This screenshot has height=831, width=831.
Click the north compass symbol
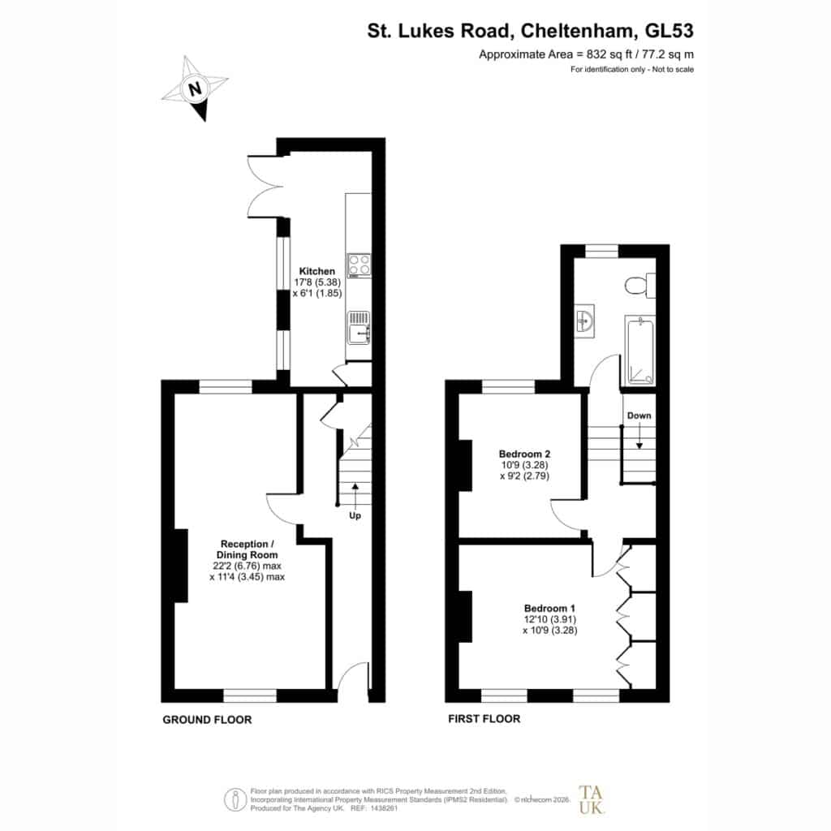pyautogui.click(x=195, y=88)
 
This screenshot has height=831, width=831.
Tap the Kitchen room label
pyautogui.click(x=317, y=271)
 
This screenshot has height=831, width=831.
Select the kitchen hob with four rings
pyautogui.click(x=359, y=266)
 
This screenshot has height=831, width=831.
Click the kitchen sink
pyautogui.click(x=359, y=328)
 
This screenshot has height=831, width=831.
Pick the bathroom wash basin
pyautogui.click(x=585, y=321)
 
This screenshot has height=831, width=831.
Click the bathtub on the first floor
pyautogui.click(x=640, y=351)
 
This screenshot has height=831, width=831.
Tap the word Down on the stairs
pyautogui.click(x=639, y=415)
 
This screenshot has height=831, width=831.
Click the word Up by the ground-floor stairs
pyautogui.click(x=355, y=515)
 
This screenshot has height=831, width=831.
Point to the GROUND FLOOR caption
pyautogui.click(x=207, y=720)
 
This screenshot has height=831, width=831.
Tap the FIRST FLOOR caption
pyautogui.click(x=484, y=719)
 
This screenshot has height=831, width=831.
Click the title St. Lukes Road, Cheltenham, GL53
pyautogui.click(x=531, y=31)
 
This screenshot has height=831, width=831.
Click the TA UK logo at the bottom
pyautogui.click(x=591, y=799)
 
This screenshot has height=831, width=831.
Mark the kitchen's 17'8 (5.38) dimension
pyautogui.click(x=317, y=282)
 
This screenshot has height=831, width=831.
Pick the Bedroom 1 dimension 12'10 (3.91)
pyautogui.click(x=550, y=619)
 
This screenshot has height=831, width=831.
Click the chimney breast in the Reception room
pyautogui.click(x=181, y=566)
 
